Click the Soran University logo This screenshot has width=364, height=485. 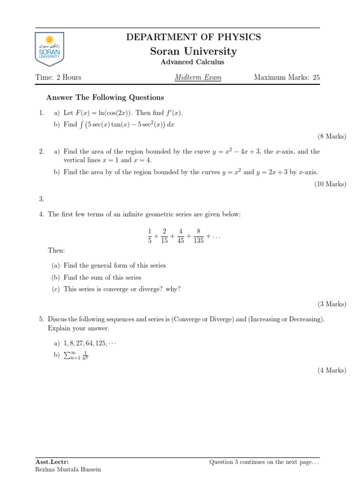click(49, 49)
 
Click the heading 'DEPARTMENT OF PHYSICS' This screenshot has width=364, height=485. click(193, 37)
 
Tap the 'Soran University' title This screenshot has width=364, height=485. click(193, 51)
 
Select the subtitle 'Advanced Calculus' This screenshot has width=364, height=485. click(193, 62)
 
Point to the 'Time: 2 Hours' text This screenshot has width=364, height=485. click(58, 77)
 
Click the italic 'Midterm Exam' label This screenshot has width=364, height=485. click(198, 77)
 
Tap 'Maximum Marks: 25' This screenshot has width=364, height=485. click(287, 77)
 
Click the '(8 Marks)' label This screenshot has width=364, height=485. click(332, 136)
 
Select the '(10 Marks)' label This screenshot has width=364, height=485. click(330, 184)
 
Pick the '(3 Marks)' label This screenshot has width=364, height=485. click(332, 304)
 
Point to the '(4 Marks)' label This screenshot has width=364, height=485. click(332, 370)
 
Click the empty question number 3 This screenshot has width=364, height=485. click(42, 199)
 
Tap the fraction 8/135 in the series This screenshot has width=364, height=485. click(199, 236)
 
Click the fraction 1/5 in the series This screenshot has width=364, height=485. click(150, 236)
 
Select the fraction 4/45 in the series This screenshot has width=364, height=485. click(181, 236)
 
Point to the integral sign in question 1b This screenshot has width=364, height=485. click(81, 125)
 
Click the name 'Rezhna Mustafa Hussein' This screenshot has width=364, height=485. click(68, 469)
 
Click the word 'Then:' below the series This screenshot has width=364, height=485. click(56, 250)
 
